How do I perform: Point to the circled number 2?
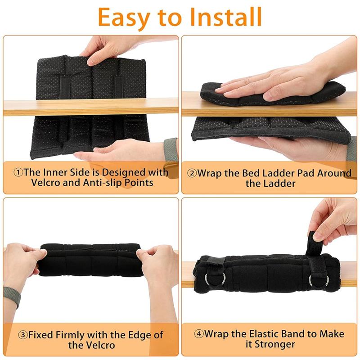[x=192, y=173]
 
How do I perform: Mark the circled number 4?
[x=198, y=334]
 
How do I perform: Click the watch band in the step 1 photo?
[x=170, y=150]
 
